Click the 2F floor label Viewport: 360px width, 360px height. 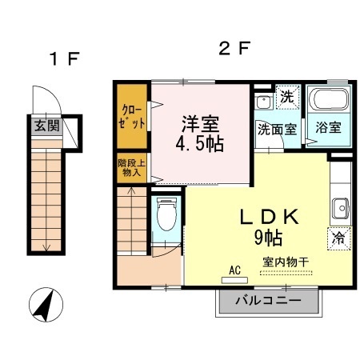tap(234, 49)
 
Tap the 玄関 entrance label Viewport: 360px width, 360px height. tap(45, 126)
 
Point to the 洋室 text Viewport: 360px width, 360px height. tap(200, 124)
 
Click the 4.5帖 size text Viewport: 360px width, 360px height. tap(200, 144)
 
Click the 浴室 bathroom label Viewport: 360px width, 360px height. tap(328, 127)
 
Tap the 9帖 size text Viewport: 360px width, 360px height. tap(269, 237)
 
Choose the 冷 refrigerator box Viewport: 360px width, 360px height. tap(338, 237)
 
